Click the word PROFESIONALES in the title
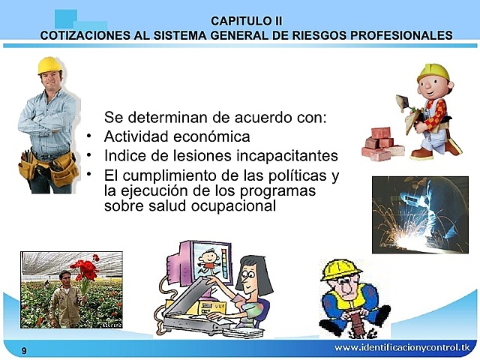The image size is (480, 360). pos(408,34)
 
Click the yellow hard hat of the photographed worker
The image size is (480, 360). pos(49,65)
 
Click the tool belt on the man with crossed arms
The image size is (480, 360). pos(48,166)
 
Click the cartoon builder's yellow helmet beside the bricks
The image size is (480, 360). pos(433,73)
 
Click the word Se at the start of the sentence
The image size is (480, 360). pos(112,118)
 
